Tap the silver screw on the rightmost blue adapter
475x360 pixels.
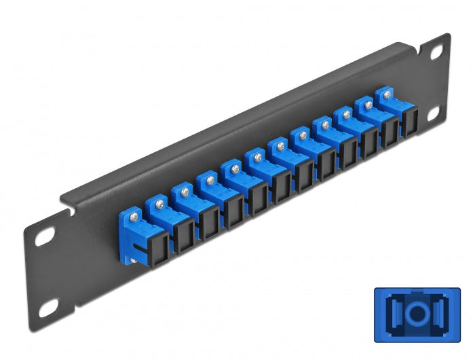tap(388, 96)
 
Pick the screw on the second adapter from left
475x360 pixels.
tap(158, 201)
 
